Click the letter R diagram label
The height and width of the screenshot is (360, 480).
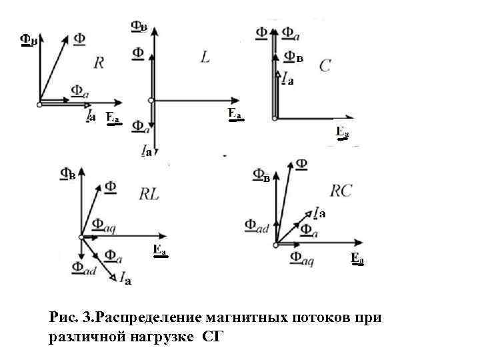pos(99,63)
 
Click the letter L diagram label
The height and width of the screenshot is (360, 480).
pos(205,58)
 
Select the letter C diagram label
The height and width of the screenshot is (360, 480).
pos(326,65)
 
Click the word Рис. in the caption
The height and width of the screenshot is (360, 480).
pos(65,316)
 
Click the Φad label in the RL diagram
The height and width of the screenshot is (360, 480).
pos(83,268)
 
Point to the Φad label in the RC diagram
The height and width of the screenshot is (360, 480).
pos(257,226)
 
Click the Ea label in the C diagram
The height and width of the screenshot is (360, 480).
pos(342,131)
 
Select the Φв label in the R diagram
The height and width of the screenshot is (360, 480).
pos(28,39)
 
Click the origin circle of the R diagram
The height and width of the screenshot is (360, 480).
pos(39,103)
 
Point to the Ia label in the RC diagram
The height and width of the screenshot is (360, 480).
pos(319,212)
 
